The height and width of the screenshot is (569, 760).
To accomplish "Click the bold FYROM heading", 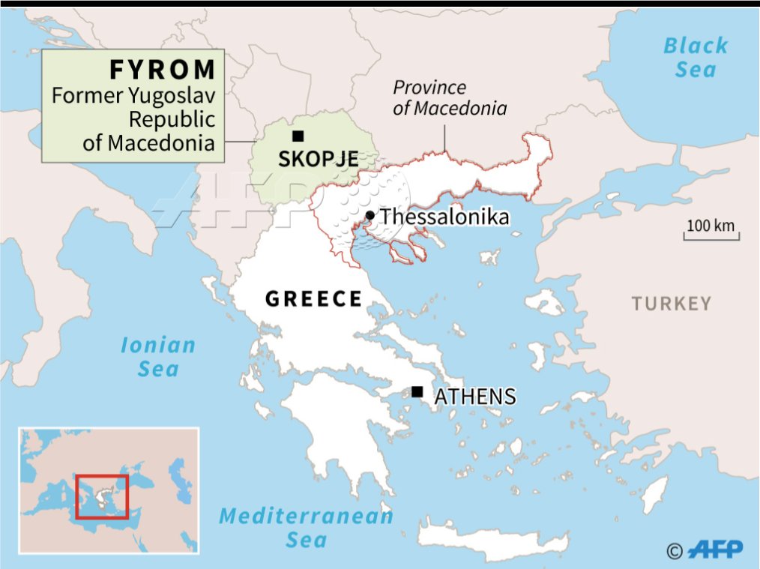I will [163, 70].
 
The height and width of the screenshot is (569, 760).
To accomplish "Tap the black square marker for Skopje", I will [298, 136].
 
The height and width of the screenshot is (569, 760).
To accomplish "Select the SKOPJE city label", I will [318, 159].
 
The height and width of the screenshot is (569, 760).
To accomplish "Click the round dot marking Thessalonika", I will [370, 216].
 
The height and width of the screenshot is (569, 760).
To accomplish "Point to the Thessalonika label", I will [444, 217].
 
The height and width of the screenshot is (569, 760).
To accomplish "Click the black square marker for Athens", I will [417, 391].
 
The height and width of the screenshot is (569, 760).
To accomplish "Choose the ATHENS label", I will [475, 396].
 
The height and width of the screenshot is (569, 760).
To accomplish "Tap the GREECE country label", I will [314, 299].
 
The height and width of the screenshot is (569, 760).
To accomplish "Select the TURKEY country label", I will [671, 304].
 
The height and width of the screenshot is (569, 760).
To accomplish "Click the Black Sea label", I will [696, 58].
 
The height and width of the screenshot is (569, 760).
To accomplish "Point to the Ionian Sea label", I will [158, 357].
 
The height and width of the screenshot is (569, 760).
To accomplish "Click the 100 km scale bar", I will [711, 232].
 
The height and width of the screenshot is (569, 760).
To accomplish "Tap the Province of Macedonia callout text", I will [450, 98].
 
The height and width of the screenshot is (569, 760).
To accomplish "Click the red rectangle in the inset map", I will [102, 496].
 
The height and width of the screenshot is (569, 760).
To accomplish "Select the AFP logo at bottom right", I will [718, 550].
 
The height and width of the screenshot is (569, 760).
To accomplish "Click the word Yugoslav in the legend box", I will [175, 95].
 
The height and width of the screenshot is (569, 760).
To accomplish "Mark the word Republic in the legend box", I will [172, 118].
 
